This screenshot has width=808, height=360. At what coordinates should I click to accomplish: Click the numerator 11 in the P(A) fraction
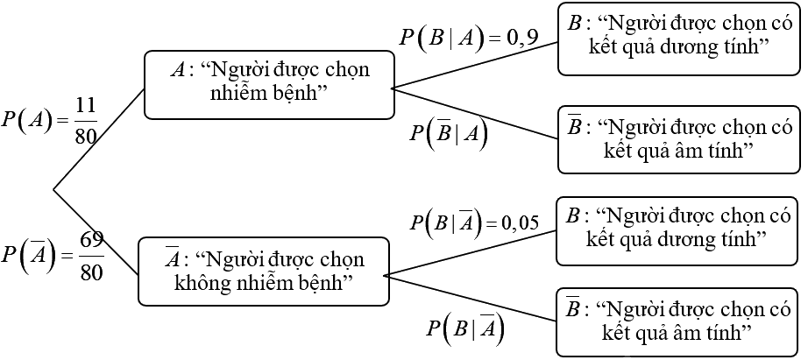click(x=85, y=104)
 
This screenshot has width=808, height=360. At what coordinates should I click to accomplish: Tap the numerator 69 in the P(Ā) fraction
click(x=91, y=239)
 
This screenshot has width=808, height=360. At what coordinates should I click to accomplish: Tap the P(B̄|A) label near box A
click(x=448, y=135)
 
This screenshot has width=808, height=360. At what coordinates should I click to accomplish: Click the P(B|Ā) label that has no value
click(x=464, y=329)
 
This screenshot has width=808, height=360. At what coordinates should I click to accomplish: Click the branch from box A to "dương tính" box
click(x=473, y=65)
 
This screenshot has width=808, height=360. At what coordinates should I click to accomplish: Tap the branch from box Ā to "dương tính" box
click(x=470, y=252)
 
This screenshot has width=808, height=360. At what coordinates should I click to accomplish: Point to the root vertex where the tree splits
click(x=54, y=188)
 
